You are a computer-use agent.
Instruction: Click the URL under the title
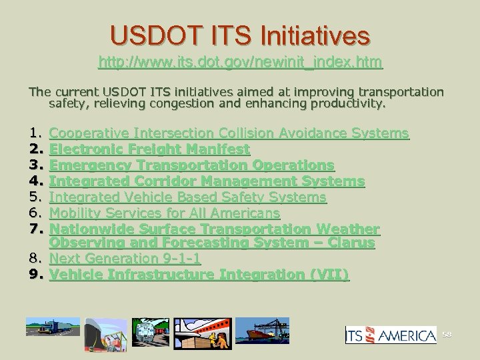point(240,63)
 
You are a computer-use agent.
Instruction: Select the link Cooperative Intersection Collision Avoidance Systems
point(229,133)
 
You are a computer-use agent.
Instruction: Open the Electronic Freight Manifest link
point(149,149)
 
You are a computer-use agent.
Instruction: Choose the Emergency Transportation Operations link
point(192,165)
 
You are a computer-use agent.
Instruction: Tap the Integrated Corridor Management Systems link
point(207,181)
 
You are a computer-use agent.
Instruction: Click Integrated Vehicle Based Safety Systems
point(188,197)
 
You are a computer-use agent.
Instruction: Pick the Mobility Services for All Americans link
point(165,213)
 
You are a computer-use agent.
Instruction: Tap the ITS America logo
point(390,335)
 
